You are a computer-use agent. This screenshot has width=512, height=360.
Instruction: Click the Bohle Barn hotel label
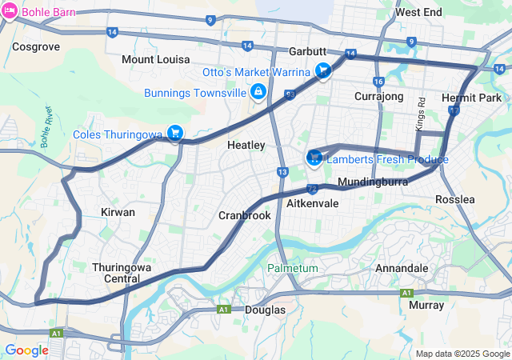point(49,12)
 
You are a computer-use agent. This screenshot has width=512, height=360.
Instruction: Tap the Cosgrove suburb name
point(36,47)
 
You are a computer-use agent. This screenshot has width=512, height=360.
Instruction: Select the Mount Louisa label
point(156,60)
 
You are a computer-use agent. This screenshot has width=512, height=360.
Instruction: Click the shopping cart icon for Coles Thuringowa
point(175,134)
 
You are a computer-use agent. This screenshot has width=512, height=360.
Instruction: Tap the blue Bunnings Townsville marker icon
point(258,93)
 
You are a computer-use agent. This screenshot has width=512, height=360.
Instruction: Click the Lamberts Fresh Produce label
point(386,160)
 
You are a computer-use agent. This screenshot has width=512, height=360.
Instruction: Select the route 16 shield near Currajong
point(378,82)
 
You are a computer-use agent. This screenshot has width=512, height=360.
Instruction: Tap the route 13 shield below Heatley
point(282,172)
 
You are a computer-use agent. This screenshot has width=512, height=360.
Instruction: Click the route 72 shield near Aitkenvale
point(312,189)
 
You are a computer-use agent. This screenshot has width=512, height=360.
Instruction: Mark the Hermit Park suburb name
point(471,98)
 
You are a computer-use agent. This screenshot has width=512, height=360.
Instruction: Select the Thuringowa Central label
point(116,273)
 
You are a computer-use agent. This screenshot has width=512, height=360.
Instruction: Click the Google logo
point(26,350)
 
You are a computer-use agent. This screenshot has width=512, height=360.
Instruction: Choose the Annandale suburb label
point(402,268)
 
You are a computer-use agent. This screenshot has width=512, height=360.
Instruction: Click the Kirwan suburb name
point(118,213)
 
